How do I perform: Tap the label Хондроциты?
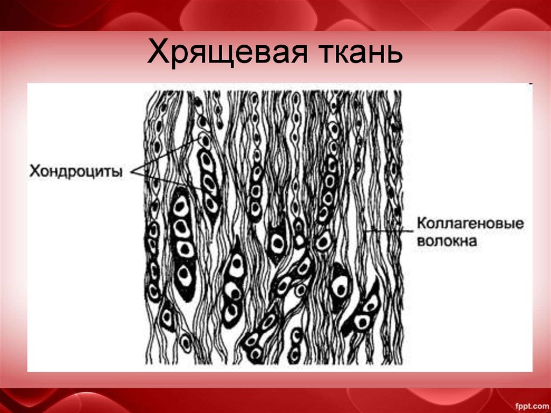(x=75, y=171)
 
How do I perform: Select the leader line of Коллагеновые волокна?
(x=387, y=230)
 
